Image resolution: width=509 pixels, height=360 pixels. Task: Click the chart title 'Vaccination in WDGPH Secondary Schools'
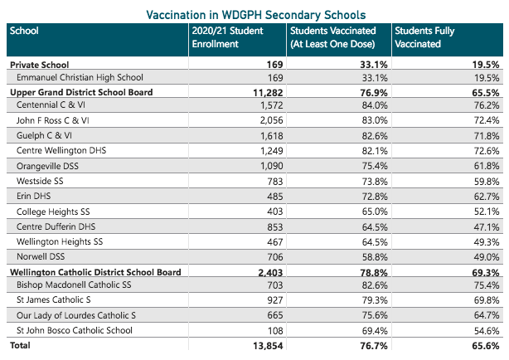click(255, 15)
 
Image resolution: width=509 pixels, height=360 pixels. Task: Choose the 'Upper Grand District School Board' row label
click(80, 92)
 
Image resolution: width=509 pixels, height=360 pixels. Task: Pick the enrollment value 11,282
click(266, 92)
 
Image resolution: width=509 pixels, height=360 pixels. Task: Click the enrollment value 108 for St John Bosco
click(275, 329)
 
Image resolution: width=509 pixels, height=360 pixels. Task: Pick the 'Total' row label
click(21, 344)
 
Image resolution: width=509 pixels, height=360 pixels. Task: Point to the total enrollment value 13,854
click(266, 344)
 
